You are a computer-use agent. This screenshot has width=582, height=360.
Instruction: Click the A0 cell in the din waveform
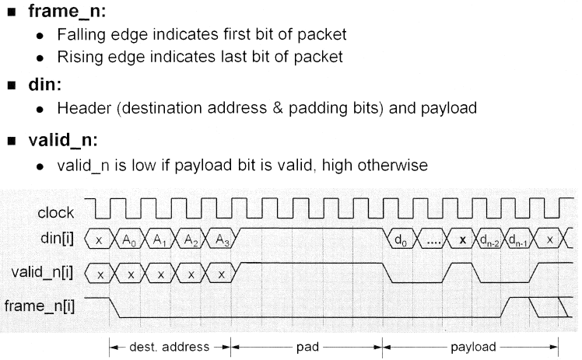(130, 241)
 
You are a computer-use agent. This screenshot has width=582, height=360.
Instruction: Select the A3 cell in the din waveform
(221, 241)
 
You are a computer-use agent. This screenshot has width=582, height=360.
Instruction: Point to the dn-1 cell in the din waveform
(521, 241)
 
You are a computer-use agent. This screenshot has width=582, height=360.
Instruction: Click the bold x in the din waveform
(462, 241)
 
